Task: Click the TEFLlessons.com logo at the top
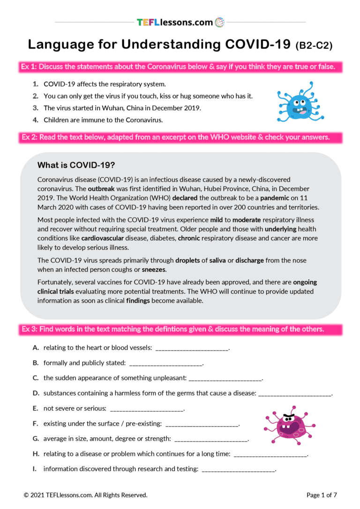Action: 180,22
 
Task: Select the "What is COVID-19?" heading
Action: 77,165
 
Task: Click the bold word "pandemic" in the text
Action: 274,198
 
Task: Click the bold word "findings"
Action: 138,301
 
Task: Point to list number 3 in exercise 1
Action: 35,108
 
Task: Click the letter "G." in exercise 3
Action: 36,439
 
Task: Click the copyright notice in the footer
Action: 85,495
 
